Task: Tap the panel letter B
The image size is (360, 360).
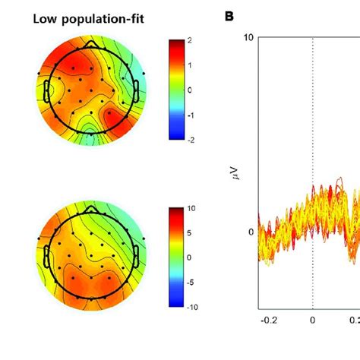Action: point(230,15)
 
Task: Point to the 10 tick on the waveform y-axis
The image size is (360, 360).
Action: point(248,38)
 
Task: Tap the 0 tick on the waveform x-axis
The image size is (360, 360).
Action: point(312,343)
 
